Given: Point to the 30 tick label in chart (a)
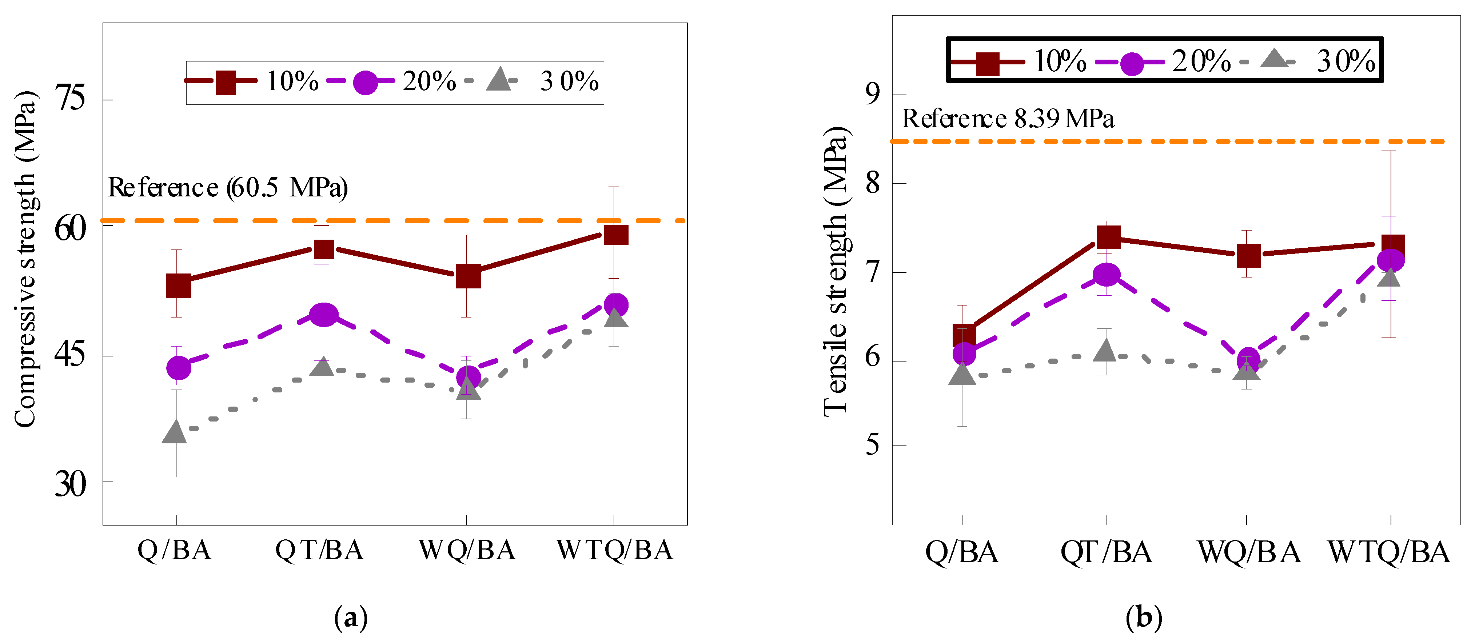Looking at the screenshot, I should point(71,484).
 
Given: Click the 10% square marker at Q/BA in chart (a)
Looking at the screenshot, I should point(179,286).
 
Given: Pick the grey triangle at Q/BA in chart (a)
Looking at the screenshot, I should point(175,432).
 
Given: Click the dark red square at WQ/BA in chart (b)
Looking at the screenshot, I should point(1249,255).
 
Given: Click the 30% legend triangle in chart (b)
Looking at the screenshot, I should point(1274,59).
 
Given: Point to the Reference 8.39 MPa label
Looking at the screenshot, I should point(1008,119).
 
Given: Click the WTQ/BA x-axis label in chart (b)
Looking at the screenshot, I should point(1389,552).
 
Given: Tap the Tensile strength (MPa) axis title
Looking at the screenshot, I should point(837,272).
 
